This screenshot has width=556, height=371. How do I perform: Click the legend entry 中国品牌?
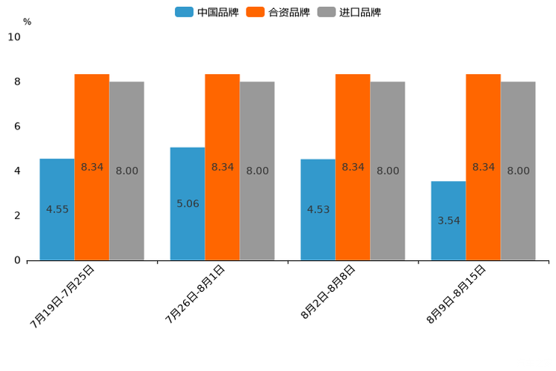point(207,12)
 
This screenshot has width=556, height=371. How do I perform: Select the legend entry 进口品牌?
point(349,12)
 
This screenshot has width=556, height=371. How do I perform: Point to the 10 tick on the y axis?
point(14,37)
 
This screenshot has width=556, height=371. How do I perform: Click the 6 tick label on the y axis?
point(17,126)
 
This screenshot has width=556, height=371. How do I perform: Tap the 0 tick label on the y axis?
point(17,260)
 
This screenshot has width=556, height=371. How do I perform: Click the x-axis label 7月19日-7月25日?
point(63,296)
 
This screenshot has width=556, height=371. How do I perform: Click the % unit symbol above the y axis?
point(27,22)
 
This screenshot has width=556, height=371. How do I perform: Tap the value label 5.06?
point(188,203)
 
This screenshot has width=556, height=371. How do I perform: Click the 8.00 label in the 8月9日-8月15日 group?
point(518,171)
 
